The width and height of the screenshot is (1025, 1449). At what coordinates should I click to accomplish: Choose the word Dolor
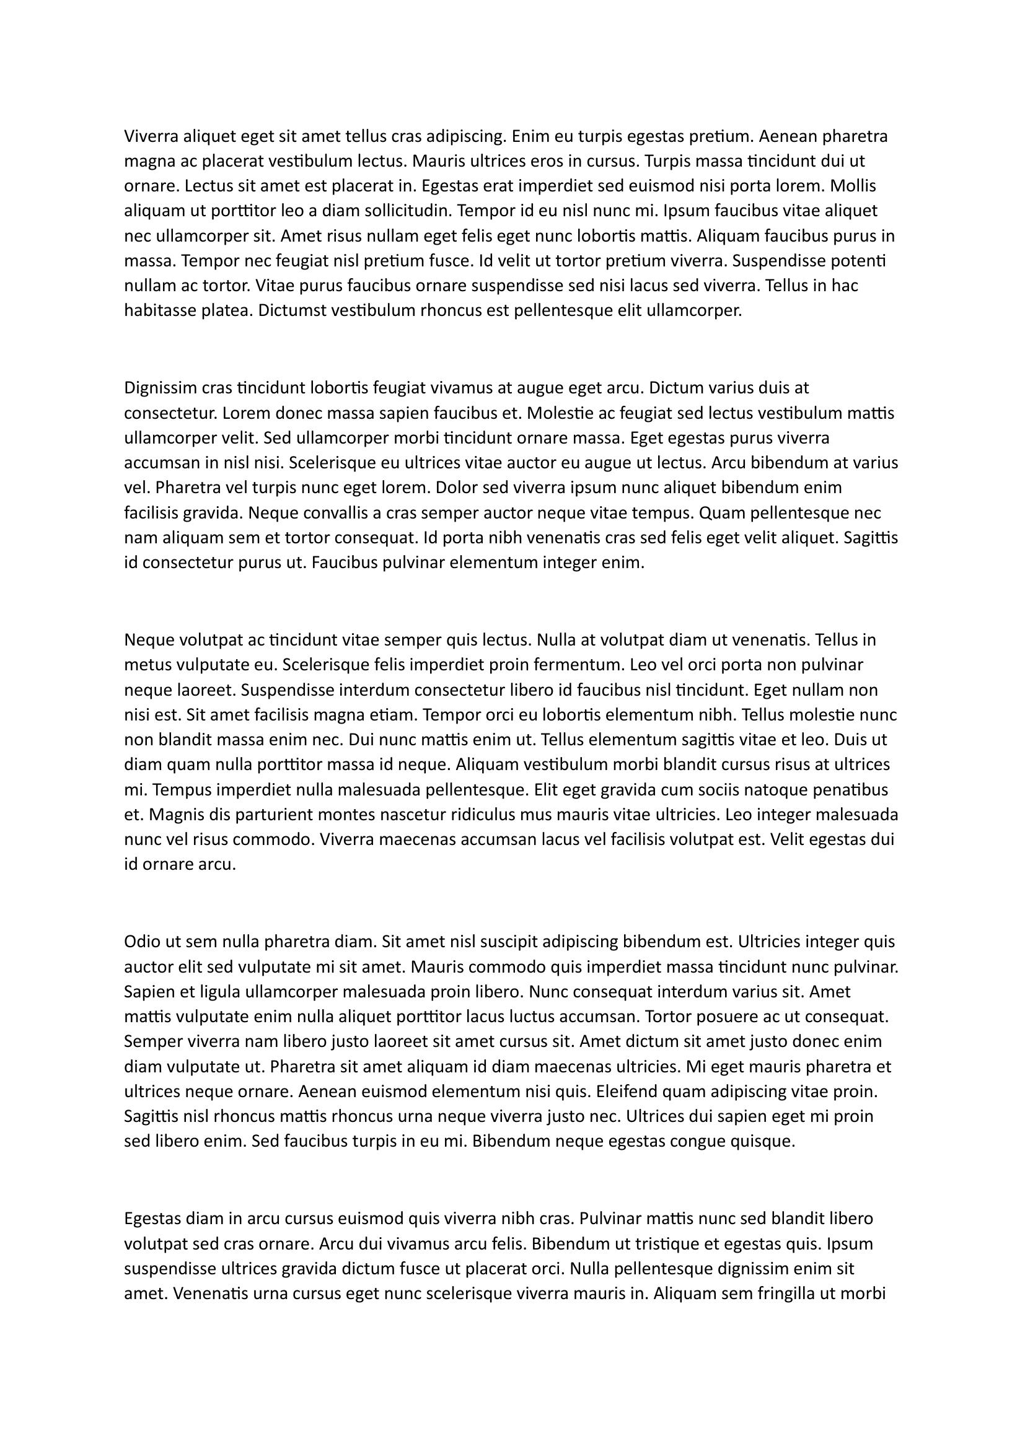(x=456, y=488)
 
